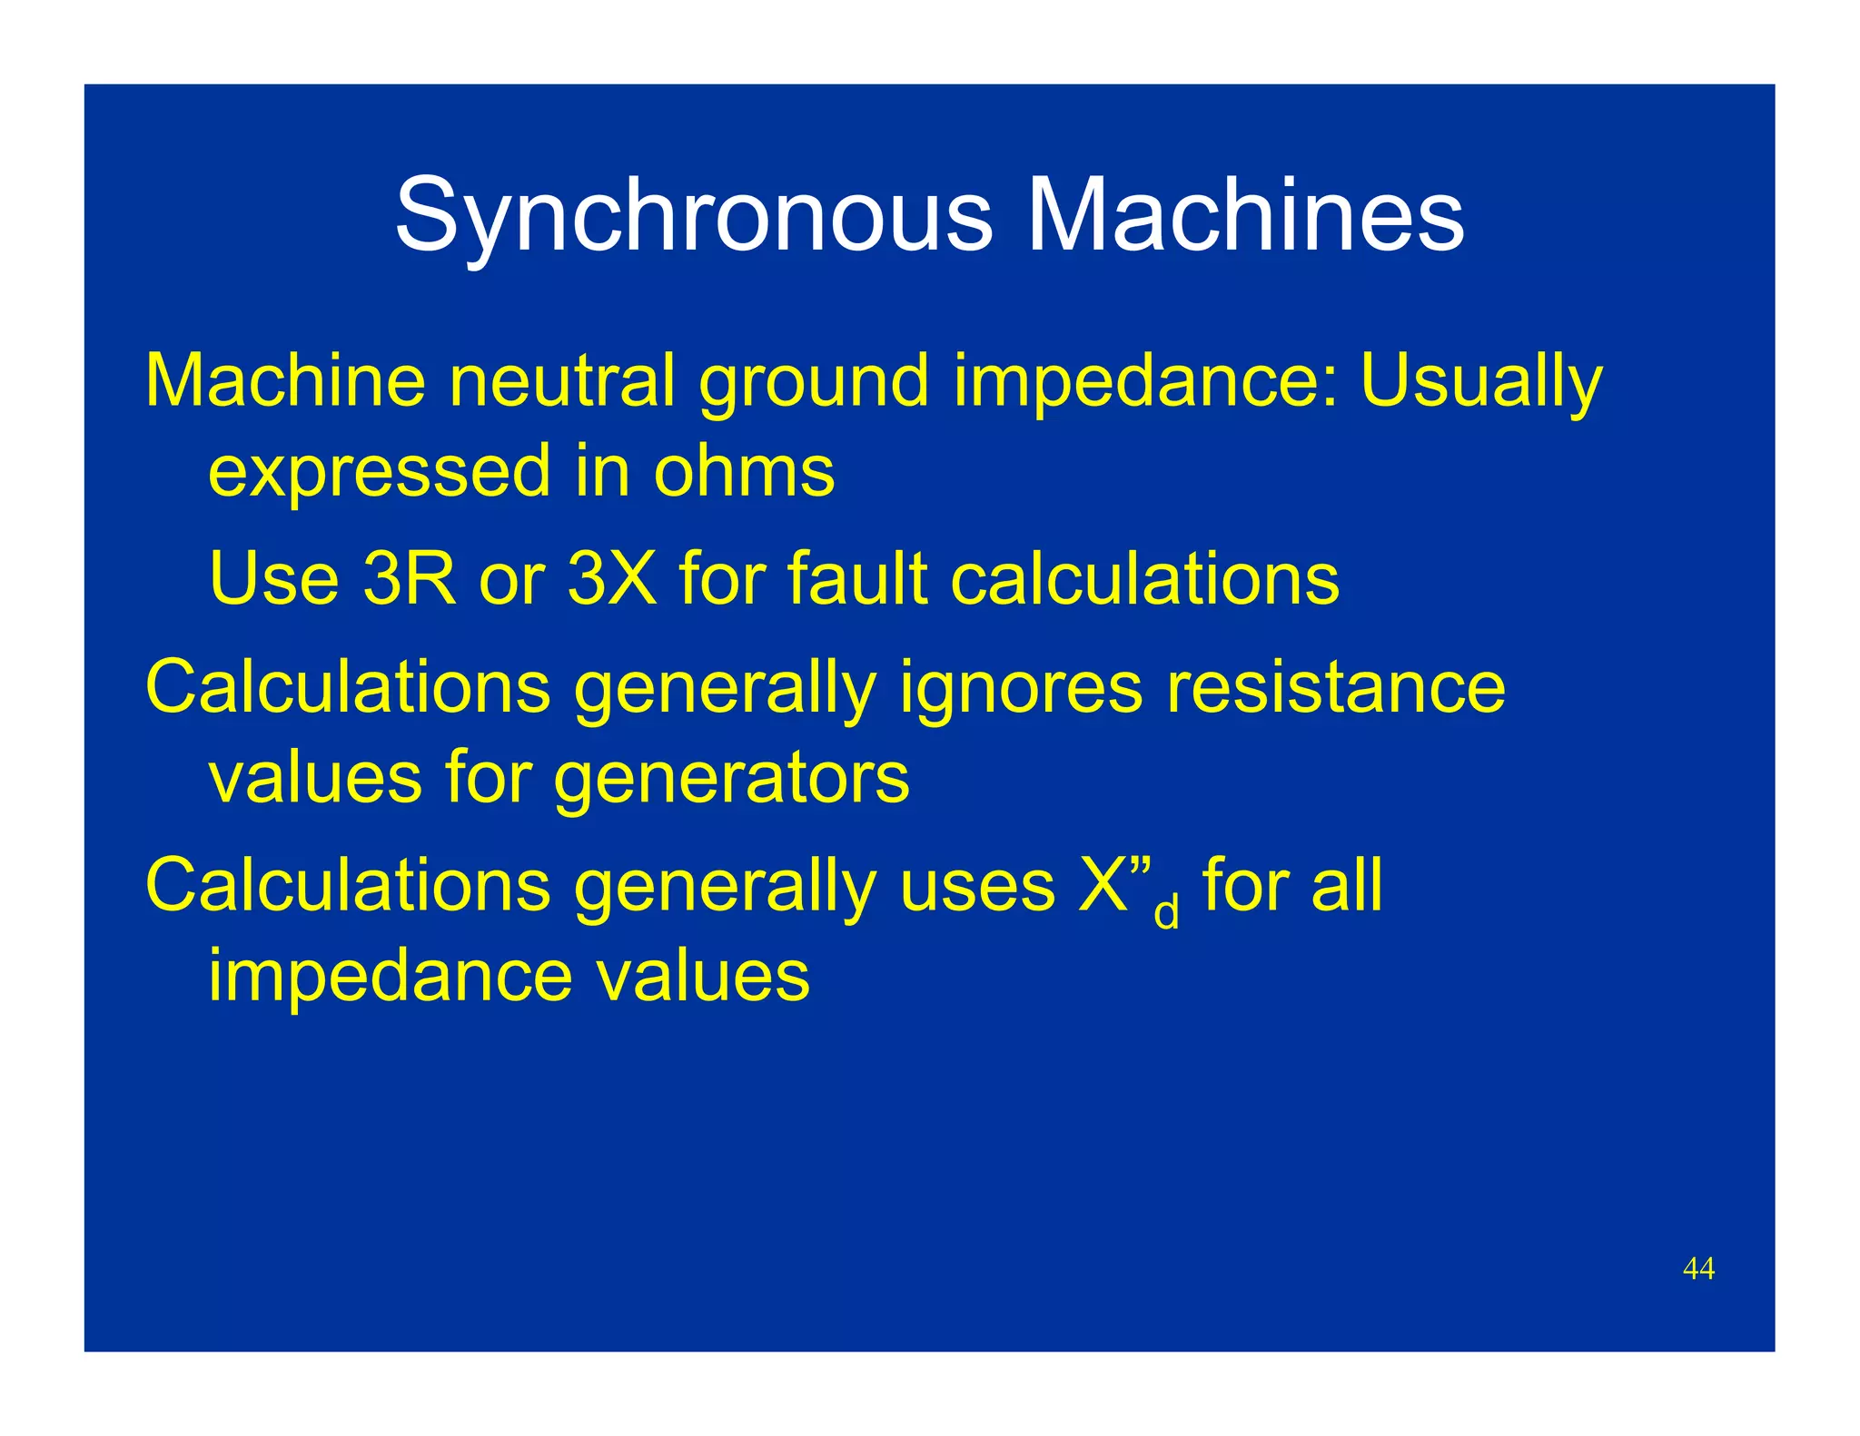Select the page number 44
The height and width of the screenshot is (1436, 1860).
point(1698,1268)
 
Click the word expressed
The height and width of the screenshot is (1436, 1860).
point(380,472)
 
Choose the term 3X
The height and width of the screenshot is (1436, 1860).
point(611,578)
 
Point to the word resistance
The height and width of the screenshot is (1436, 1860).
point(1336,687)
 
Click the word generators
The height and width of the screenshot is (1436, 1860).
point(731,778)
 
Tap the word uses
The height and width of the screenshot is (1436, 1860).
point(977,886)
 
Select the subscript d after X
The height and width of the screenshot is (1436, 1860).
point(1166,911)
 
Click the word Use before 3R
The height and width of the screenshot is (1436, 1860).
point(273,578)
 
